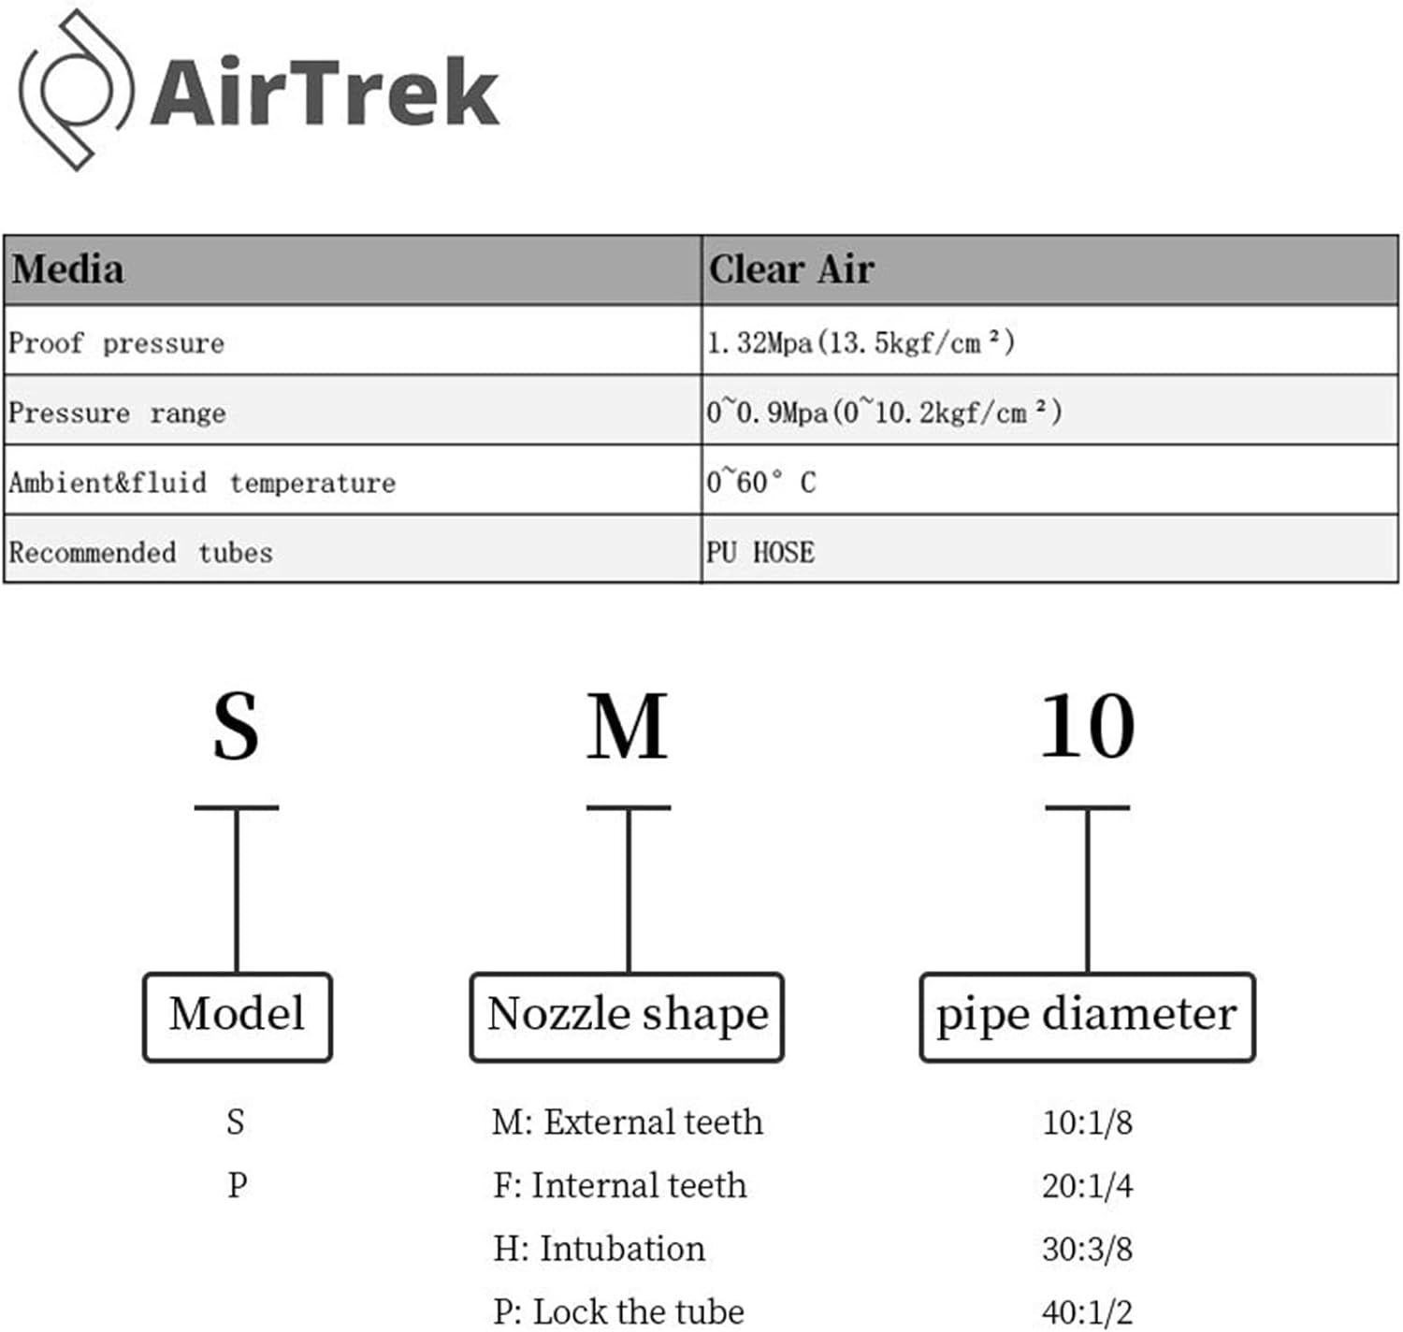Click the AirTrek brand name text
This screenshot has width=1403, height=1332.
325,92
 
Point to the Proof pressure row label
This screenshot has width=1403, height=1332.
117,342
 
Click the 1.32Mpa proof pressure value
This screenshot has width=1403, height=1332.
861,342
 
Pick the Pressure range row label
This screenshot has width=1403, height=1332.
117,413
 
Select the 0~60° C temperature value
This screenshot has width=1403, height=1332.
760,482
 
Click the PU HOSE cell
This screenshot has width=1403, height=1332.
759,552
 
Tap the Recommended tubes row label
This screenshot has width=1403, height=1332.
140,552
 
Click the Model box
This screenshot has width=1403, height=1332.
238,1016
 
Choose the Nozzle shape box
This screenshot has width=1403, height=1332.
627,1016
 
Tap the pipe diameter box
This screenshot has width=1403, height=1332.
1087,1016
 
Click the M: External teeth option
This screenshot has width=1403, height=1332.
627,1122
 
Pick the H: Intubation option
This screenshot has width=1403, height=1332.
599,1249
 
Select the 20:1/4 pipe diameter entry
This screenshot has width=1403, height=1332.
1087,1185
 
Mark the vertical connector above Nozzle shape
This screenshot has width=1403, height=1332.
629,889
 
